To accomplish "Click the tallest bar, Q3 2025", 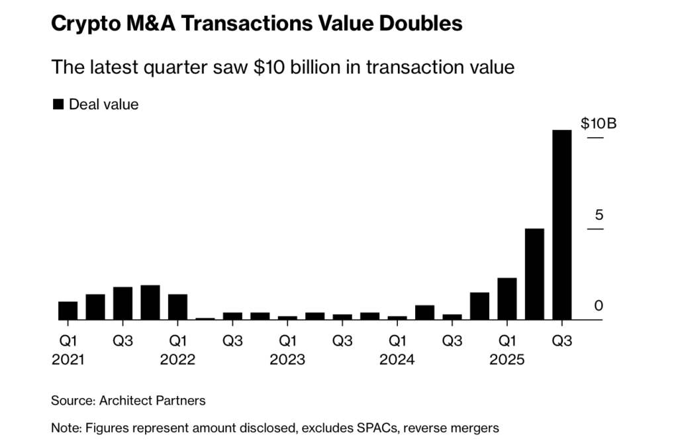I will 562,225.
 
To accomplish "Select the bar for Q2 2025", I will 534,274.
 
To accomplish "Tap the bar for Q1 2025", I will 507,299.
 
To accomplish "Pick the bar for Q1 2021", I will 68,311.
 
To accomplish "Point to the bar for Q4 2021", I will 150,303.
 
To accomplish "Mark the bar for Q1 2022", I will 177,307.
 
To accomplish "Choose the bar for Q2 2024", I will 424,313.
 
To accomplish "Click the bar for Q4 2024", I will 479,306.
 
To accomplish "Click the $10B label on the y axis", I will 599,124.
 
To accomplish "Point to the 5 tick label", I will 599,215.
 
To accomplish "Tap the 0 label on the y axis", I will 599,306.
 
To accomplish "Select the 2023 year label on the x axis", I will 287,360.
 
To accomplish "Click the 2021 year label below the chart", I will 68,360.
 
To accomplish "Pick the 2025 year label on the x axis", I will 507,360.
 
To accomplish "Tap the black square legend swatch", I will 58,104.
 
